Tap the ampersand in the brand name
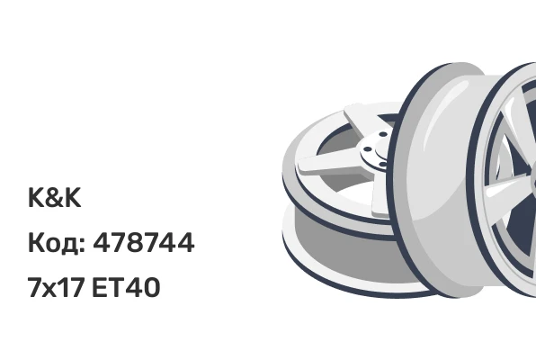click(54, 197)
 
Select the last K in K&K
click(73, 197)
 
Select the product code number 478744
click(144, 242)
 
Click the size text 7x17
click(56, 287)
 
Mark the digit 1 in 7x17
click(63, 287)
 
